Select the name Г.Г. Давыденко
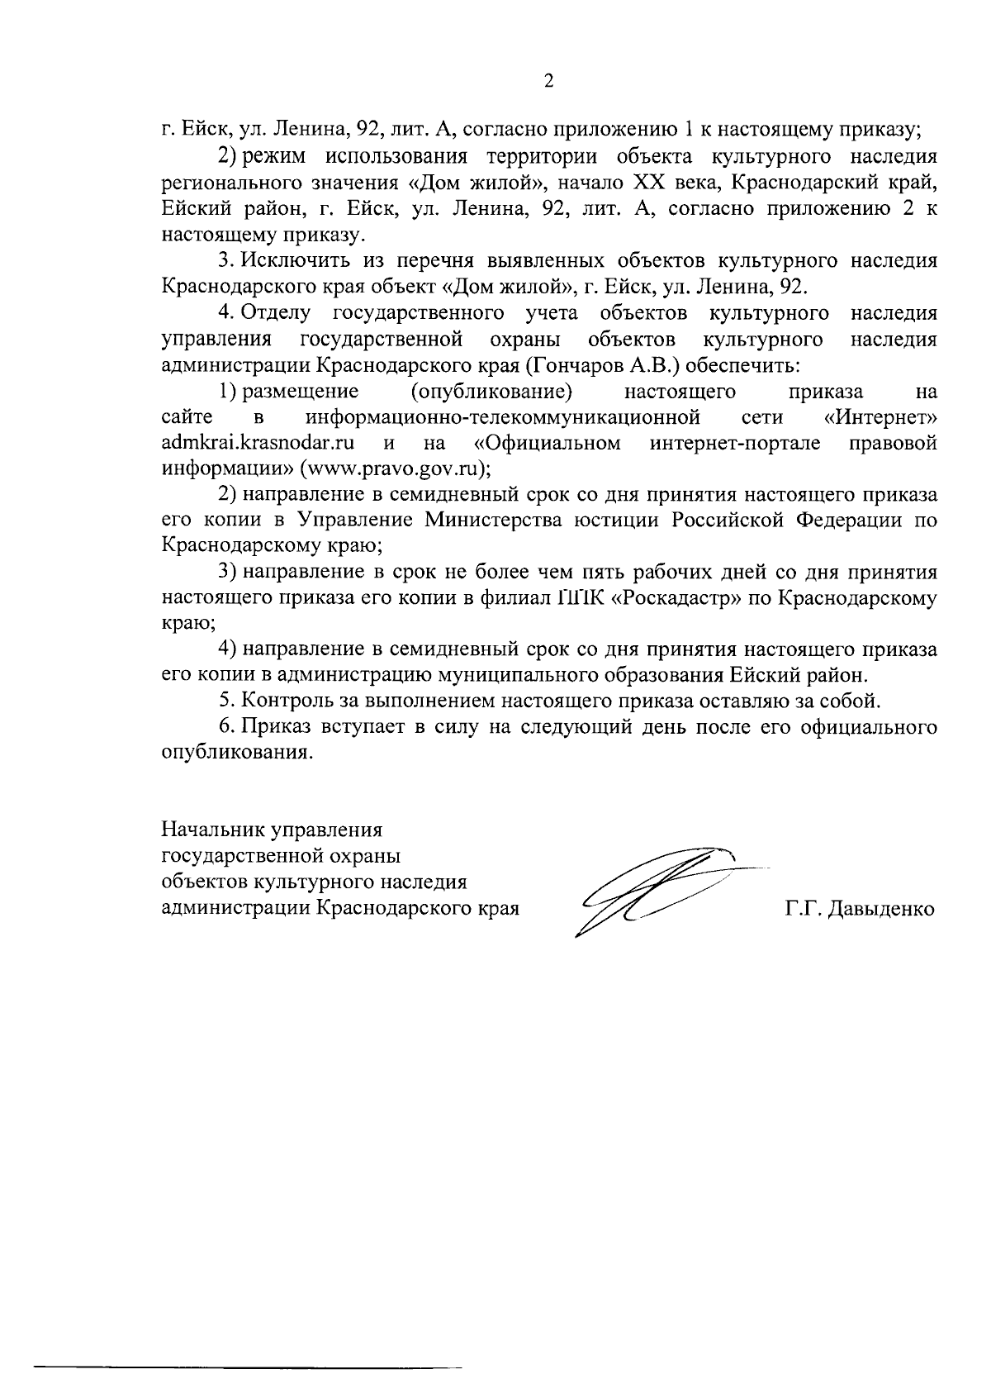click(860, 910)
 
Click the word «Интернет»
click(880, 416)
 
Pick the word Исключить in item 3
click(296, 261)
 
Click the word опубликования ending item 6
click(237, 754)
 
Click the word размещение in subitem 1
click(300, 390)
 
